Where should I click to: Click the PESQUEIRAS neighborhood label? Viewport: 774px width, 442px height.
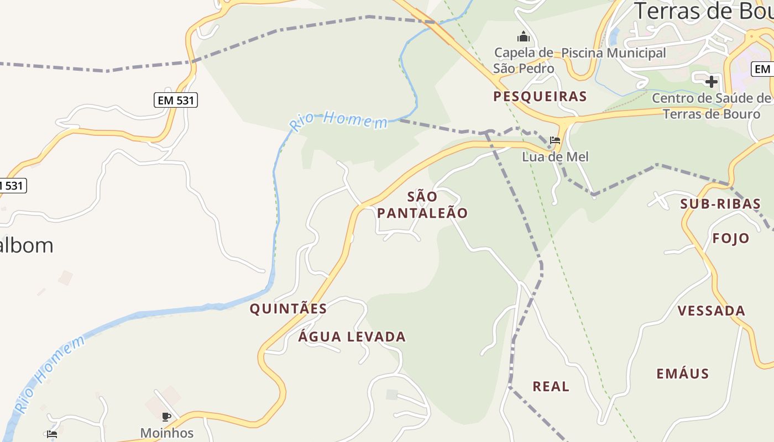point(540,97)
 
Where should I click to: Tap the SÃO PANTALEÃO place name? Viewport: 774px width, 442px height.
point(422,205)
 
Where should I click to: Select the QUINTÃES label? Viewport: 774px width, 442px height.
point(288,309)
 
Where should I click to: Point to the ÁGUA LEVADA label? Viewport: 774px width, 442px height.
point(352,336)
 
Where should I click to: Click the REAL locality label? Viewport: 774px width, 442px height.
point(551,386)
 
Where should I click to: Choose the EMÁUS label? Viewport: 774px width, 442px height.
point(683,374)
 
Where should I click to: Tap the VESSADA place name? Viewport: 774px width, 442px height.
point(712,311)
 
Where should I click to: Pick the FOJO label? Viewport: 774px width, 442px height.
point(731,238)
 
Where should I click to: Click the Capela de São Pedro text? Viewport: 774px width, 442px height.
point(524,60)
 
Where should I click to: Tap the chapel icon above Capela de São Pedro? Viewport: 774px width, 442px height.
point(524,37)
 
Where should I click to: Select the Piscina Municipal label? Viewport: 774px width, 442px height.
point(614,53)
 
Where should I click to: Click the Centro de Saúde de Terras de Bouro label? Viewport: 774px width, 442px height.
point(712,106)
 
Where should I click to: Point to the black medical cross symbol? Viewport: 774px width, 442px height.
point(712,82)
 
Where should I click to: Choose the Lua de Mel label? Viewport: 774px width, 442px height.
point(555,157)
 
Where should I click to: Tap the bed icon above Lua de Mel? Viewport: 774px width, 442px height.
point(555,140)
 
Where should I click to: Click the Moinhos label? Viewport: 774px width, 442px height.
point(167,433)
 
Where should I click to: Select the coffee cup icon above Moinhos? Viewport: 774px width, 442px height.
point(166,417)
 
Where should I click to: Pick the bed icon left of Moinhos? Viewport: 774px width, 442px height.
point(52,434)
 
